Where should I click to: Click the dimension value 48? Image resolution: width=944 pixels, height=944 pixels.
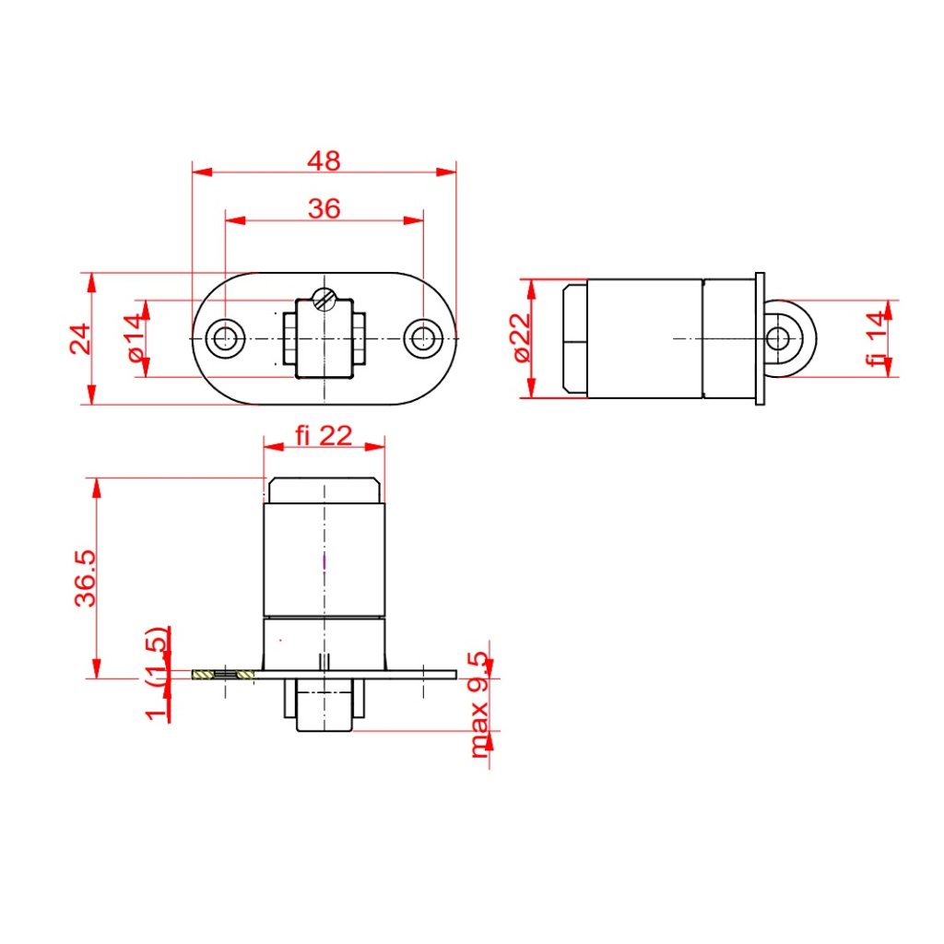[x=324, y=160]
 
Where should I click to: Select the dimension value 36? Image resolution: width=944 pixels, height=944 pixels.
[x=324, y=208]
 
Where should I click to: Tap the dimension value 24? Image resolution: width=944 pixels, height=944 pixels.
[x=80, y=338]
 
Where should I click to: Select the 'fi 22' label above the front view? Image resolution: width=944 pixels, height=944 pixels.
[x=324, y=435]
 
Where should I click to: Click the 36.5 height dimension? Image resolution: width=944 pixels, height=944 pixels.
[x=85, y=577]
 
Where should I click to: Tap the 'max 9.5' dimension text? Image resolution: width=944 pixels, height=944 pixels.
[x=478, y=704]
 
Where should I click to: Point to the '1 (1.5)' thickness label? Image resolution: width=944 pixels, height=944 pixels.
[x=156, y=673]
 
